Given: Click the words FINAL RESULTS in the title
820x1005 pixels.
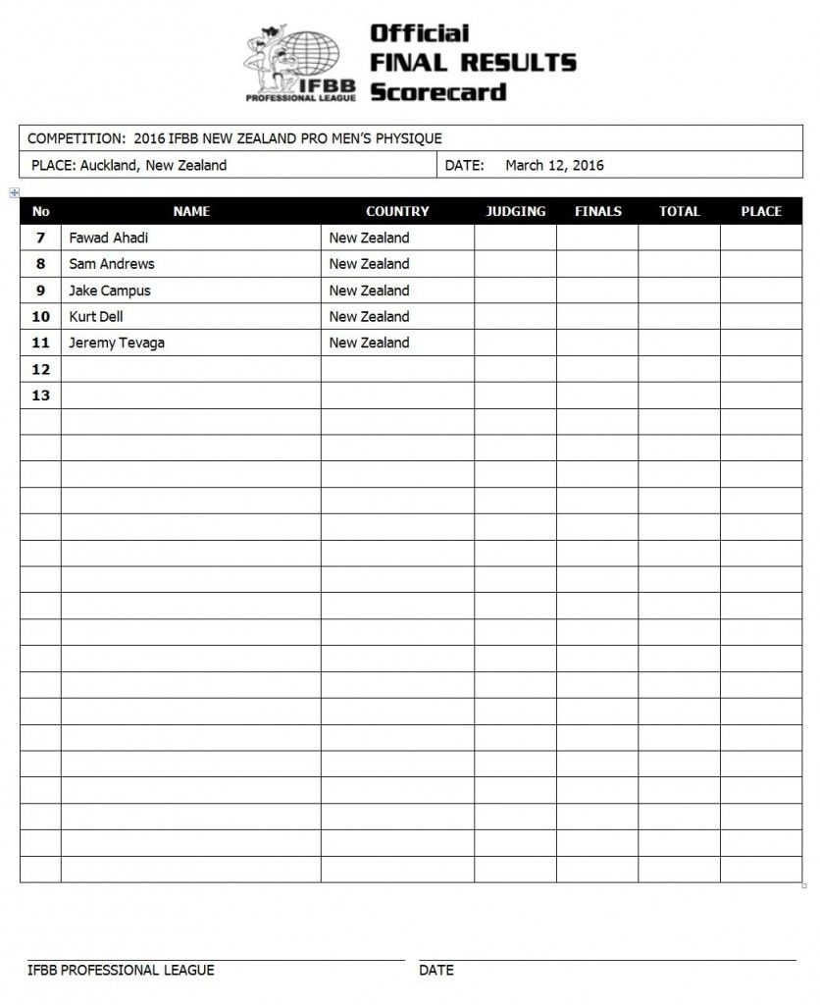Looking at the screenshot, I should tap(472, 63).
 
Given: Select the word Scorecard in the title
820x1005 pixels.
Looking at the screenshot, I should tap(437, 92).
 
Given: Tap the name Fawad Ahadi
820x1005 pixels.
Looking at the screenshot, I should tap(109, 238).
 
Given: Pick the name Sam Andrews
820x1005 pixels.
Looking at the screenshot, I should tap(112, 264).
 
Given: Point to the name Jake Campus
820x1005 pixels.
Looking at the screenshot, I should tap(110, 291).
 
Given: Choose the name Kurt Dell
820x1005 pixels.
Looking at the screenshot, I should tap(96, 317).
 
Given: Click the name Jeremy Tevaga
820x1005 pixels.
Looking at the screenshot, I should tap(116, 343).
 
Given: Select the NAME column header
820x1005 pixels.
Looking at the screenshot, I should tap(191, 211).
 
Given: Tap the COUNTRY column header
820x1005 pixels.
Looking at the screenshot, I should tap(397, 211).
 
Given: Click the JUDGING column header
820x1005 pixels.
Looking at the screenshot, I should tap(516, 211).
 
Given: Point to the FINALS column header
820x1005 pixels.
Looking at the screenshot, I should tap(597, 211).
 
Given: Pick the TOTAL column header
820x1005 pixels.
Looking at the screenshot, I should tap(679, 211).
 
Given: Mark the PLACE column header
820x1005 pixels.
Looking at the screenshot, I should tap(761, 211).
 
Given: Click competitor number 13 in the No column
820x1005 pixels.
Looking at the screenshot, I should tap(40, 396).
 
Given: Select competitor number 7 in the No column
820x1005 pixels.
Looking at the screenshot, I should tap(40, 238).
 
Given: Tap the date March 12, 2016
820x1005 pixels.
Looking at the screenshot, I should tap(554, 165).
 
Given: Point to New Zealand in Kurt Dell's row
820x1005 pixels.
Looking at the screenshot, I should tap(369, 317).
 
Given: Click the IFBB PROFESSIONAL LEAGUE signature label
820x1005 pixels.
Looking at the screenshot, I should tap(121, 970).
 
